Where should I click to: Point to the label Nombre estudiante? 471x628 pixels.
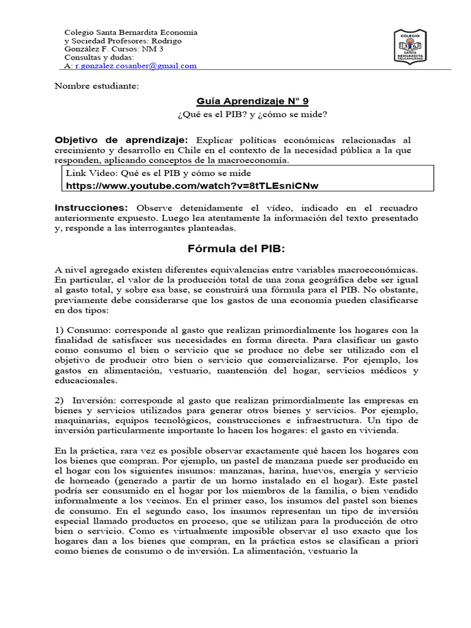coord(97,85)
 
